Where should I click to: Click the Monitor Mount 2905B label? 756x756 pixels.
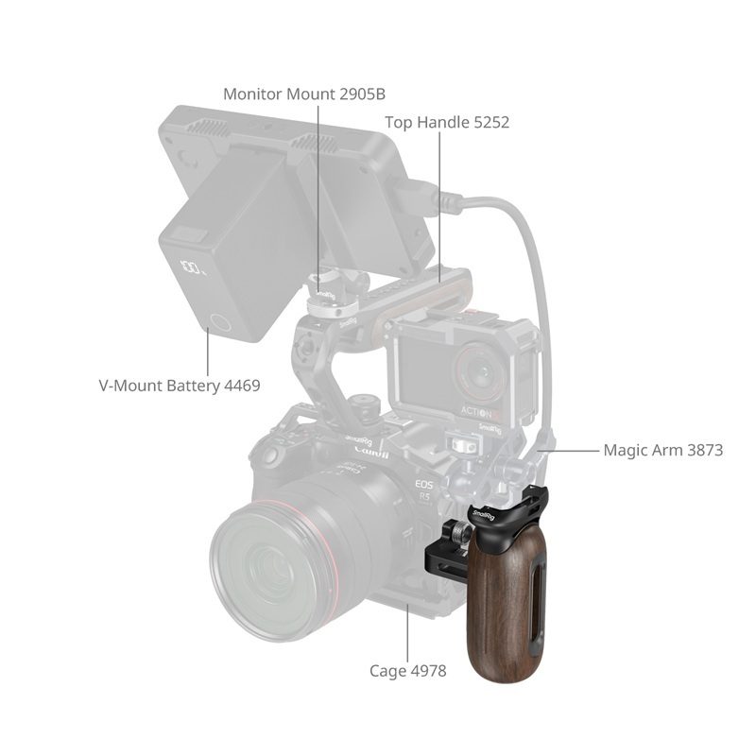click(304, 94)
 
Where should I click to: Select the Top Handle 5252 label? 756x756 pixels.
click(447, 123)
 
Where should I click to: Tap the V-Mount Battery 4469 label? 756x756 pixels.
click(180, 386)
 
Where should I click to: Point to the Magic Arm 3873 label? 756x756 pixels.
click(663, 451)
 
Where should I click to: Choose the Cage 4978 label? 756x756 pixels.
click(408, 671)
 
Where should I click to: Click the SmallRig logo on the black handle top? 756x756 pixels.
click(484, 516)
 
